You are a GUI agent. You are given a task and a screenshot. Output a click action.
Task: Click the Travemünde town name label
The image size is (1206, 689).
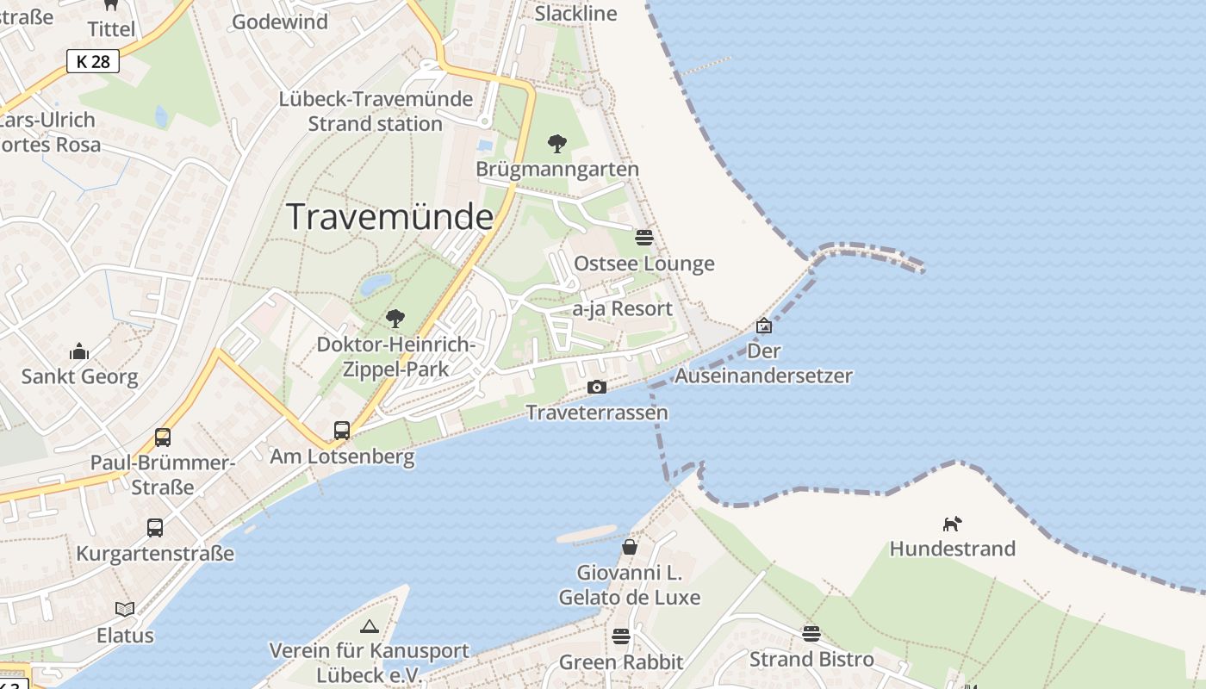coord(389,216)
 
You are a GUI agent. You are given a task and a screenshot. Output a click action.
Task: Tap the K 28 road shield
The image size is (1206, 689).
coord(93,61)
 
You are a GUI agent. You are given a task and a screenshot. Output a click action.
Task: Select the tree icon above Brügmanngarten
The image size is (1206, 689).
coord(557,144)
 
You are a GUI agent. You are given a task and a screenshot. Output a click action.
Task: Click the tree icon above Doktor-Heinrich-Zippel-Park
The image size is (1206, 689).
coord(395,320)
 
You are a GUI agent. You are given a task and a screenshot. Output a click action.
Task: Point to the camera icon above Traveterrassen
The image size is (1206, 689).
coord(596,388)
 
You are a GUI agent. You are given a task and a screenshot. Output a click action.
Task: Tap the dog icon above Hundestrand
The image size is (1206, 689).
coord(952,524)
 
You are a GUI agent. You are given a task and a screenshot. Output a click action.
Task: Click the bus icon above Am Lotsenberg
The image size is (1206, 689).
coord(342,430)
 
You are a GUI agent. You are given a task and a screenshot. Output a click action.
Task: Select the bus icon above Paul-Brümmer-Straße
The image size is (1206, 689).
coord(163,438)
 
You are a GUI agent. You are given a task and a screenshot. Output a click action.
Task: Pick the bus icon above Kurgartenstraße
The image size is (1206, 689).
coord(155,528)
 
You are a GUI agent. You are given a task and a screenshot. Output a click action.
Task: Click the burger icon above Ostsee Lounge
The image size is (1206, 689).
coord(644,238)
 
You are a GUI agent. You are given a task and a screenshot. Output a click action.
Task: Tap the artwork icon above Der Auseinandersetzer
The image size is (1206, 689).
coord(763,326)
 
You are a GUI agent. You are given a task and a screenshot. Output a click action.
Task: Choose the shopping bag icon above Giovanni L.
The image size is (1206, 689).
coord(630,547)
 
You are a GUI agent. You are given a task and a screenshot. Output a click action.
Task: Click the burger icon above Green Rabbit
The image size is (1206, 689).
coord(621,636)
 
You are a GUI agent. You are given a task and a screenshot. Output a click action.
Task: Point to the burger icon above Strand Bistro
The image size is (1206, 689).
coord(811,634)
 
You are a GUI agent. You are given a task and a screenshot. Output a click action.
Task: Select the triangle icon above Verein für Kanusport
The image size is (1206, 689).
coord(370,626)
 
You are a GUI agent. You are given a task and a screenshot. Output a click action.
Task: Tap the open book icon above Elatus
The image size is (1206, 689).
coord(125,610)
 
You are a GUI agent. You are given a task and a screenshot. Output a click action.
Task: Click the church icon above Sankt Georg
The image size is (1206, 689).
coord(79,351)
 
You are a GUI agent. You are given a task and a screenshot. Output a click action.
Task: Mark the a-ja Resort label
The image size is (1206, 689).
coord(622,308)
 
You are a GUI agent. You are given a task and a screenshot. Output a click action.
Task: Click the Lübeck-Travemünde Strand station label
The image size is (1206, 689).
coord(376,111)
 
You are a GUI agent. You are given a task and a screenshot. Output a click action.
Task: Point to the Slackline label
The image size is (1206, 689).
coord(575,13)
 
